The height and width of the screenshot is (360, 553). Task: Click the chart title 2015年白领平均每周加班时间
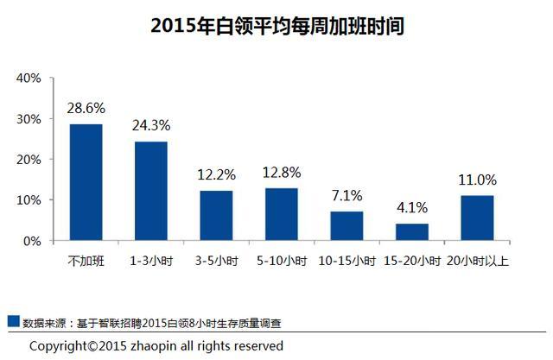(277, 26)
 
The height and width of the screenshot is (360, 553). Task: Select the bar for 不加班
(86, 182)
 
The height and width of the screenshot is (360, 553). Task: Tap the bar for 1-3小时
(151, 191)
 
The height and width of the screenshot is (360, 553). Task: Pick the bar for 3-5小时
(216, 215)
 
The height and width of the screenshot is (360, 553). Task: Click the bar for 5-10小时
(282, 214)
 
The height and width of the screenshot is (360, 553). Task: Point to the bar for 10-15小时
(346, 225)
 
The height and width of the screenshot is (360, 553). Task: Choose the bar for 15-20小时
(411, 231)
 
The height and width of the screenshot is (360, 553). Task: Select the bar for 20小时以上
(477, 218)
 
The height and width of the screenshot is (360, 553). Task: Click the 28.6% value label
(86, 108)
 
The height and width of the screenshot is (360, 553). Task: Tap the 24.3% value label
(151, 125)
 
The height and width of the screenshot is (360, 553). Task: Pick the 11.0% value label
(477, 180)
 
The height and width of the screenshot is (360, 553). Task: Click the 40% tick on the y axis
(29, 79)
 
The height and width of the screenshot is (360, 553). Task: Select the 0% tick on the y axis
(33, 241)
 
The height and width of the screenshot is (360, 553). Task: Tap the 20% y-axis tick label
(29, 160)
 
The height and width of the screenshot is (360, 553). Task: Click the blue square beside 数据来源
(13, 321)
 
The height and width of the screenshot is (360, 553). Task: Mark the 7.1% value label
(346, 195)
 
